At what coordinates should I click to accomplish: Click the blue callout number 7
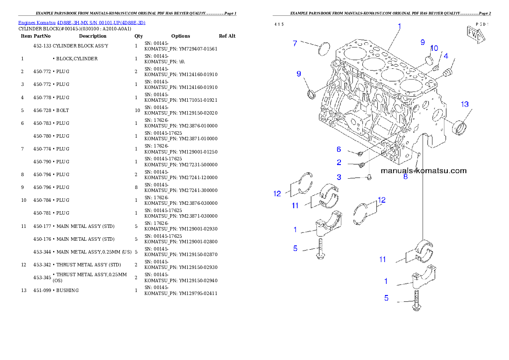tap(295, 43)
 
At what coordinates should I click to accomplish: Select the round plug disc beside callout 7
tap(326, 48)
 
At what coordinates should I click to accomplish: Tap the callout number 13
tap(465, 104)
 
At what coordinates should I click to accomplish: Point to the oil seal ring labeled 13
tap(460, 127)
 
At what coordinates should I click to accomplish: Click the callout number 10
tap(434, 48)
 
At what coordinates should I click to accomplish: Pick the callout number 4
tap(445, 56)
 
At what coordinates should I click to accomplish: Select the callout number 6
tap(339, 149)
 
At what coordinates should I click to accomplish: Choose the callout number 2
tap(339, 162)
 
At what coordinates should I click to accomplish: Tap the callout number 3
tap(339, 177)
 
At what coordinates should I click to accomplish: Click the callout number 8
tap(405, 176)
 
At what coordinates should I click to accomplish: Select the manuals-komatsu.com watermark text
tap(423, 171)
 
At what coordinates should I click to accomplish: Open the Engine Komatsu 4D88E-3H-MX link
tap(82, 23)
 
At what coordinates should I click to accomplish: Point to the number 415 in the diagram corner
tap(279, 24)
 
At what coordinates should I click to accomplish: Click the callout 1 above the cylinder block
tap(399, 27)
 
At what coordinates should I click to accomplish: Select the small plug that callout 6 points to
tap(360, 153)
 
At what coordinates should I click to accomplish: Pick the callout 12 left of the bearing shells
tap(278, 194)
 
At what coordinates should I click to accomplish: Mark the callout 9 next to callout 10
tap(423, 42)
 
